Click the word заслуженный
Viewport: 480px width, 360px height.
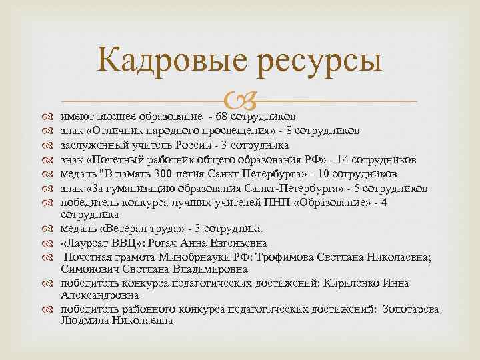point(91,145)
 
